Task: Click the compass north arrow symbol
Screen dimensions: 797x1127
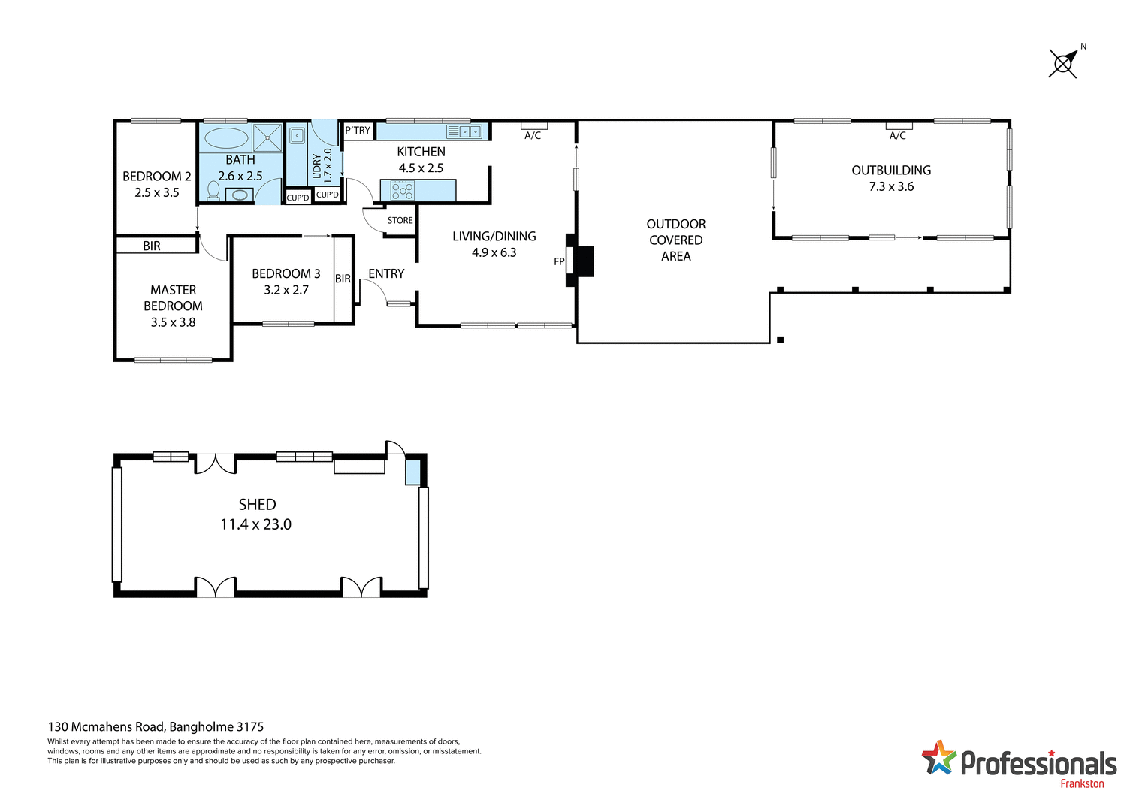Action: pyautogui.click(x=1064, y=63)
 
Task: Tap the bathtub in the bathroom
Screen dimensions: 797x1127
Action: pyautogui.click(x=226, y=138)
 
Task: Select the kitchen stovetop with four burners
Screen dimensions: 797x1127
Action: pyautogui.click(x=402, y=191)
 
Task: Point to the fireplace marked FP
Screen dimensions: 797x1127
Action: pyautogui.click(x=579, y=261)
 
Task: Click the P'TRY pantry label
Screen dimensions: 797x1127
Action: pyautogui.click(x=358, y=131)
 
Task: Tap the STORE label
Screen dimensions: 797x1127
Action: pyautogui.click(x=400, y=221)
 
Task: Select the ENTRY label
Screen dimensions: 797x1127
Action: pyautogui.click(x=386, y=274)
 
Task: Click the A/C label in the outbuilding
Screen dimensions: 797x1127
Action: pyautogui.click(x=898, y=136)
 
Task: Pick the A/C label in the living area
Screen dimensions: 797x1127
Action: pyautogui.click(x=533, y=136)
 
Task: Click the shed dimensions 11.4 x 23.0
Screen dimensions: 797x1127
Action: pyautogui.click(x=255, y=525)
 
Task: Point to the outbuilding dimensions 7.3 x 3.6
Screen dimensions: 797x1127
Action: pyautogui.click(x=891, y=187)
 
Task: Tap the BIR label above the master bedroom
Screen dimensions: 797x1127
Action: pyautogui.click(x=152, y=246)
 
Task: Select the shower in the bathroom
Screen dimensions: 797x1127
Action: pyautogui.click(x=267, y=137)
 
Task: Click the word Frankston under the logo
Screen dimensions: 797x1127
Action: pyautogui.click(x=1082, y=783)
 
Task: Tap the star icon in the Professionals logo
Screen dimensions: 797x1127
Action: pyautogui.click(x=938, y=757)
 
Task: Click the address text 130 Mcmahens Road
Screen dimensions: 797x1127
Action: pyautogui.click(x=106, y=727)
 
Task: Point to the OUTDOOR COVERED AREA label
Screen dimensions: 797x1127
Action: pyautogui.click(x=676, y=240)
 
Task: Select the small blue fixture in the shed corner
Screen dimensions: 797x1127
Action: pyautogui.click(x=413, y=472)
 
